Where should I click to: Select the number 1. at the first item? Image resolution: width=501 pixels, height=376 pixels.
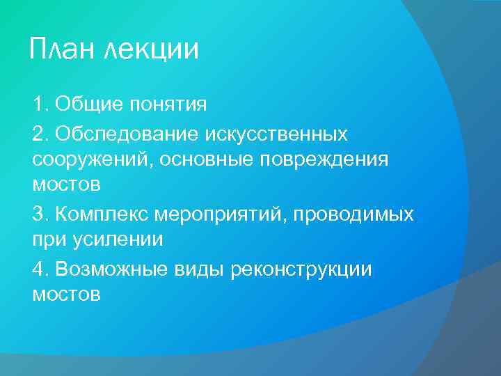40,105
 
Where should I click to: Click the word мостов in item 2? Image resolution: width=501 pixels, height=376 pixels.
66,186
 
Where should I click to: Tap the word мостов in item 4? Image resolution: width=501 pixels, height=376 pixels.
66,295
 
